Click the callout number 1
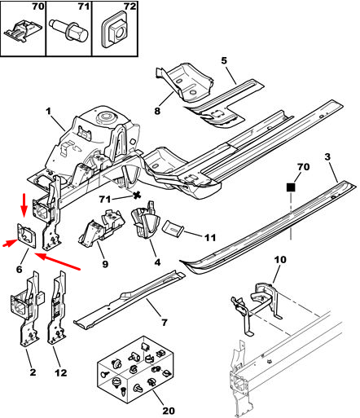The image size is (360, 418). (48, 112)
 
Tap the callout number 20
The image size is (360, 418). (169, 411)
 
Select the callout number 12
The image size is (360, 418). (61, 372)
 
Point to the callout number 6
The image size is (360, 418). (20, 270)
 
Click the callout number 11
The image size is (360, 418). (210, 238)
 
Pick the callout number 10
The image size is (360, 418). (280, 260)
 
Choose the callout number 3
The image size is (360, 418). (327, 156)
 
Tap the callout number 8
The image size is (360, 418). (157, 111)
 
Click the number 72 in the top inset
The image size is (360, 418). (130, 6)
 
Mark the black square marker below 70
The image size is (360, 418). (291, 187)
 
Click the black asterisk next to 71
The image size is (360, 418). (137, 196)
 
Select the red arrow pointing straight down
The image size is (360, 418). (24, 205)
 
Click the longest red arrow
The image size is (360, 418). (58, 262)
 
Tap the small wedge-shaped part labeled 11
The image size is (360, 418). (173, 227)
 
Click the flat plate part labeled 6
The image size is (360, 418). (27, 235)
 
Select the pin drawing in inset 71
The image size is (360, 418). (69, 30)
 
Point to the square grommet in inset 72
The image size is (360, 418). (116, 29)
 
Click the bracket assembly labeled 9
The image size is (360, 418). (102, 228)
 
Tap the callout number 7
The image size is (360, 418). (165, 323)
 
